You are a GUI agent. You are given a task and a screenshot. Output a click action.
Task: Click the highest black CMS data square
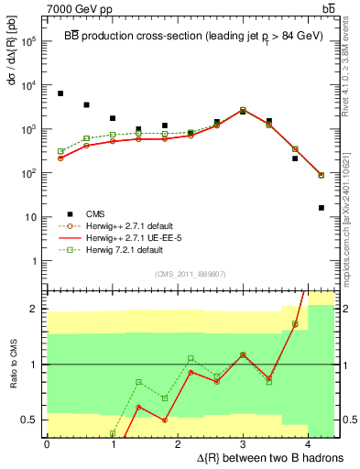pyautogui.click(x=60, y=93)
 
